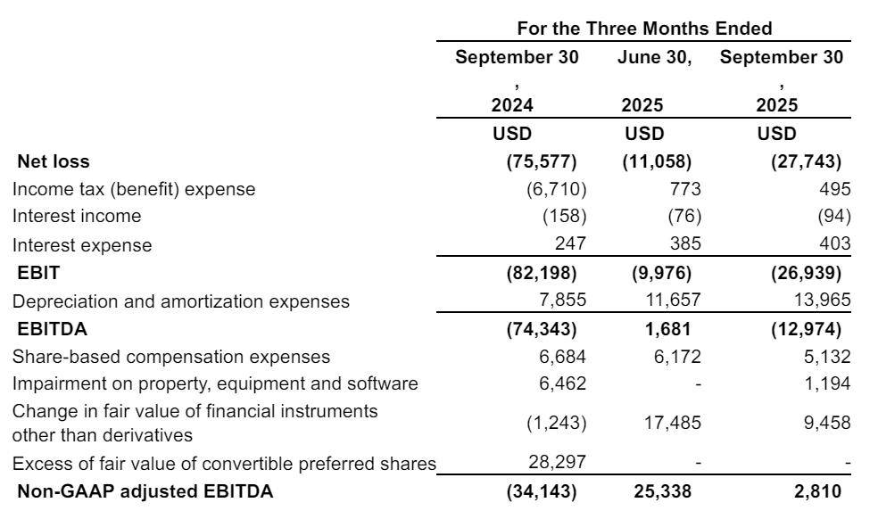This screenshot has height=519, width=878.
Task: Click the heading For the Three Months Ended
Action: [x=644, y=28]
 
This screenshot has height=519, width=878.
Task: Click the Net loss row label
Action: [x=54, y=161]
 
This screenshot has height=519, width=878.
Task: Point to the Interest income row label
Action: [x=77, y=216]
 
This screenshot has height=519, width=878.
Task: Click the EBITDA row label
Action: [x=52, y=329]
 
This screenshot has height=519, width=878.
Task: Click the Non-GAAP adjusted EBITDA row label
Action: [x=145, y=490]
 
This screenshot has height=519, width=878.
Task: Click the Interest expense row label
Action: [x=82, y=244]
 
